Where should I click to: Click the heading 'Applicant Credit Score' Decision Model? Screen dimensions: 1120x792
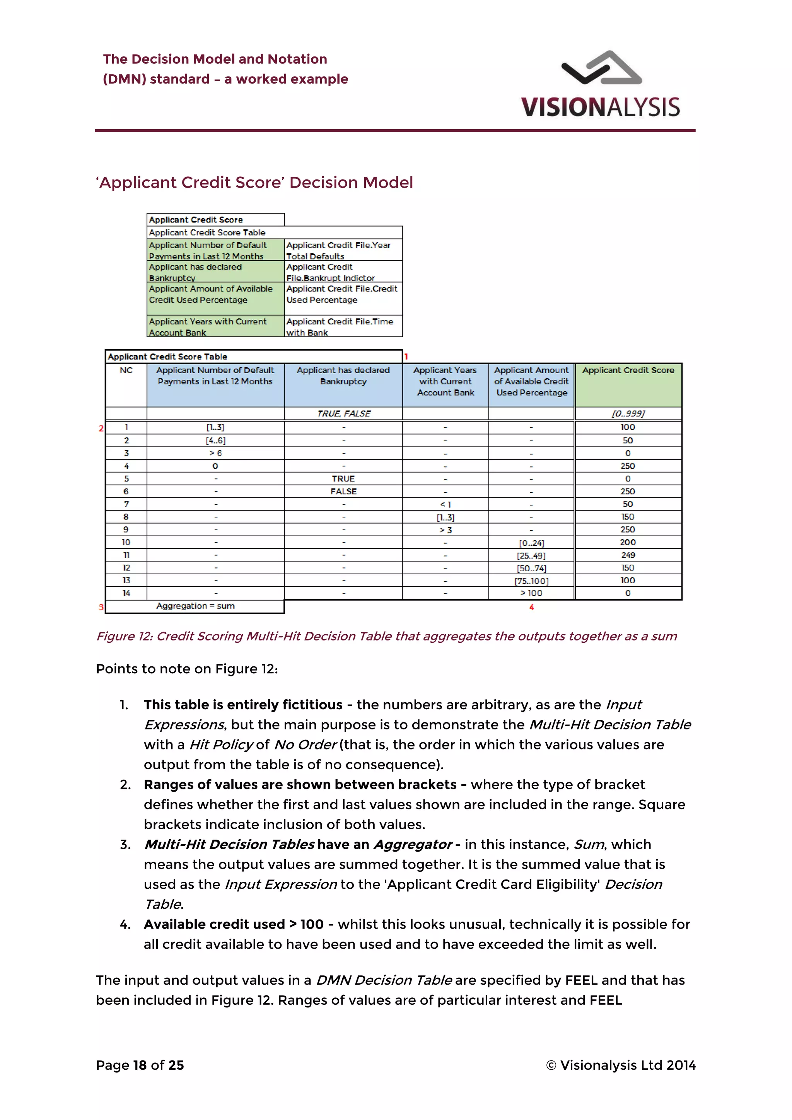pos(254,183)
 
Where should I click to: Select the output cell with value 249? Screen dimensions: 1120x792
pos(628,555)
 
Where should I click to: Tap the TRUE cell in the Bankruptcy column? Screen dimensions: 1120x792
pos(343,478)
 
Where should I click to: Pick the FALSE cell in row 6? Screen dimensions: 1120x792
pos(343,491)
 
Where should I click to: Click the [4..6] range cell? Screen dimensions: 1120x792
pos(215,440)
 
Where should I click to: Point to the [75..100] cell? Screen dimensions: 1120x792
pos(531,581)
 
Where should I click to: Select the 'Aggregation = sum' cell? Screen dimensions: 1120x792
pos(195,606)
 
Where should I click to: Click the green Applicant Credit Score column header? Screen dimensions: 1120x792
pos(628,384)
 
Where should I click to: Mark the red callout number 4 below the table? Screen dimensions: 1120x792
pos(532,607)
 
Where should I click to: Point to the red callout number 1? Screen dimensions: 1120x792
pos(406,357)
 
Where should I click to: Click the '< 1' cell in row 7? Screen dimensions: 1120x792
pos(445,504)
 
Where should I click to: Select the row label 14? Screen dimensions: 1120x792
pos(126,593)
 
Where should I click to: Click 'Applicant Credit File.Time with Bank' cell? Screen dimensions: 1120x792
pos(343,327)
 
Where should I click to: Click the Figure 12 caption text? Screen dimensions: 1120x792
pos(386,636)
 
